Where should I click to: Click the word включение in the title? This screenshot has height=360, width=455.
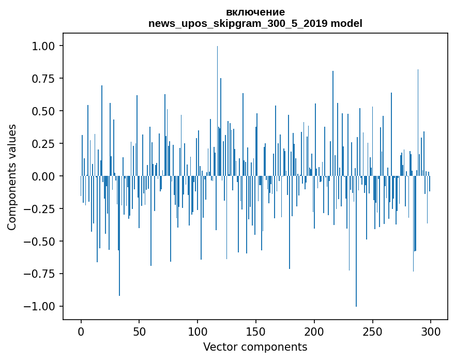[x=255, y=12]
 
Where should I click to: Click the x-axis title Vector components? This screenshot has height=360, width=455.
[x=255, y=347]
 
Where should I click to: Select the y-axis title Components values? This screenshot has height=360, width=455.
[x=12, y=177]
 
